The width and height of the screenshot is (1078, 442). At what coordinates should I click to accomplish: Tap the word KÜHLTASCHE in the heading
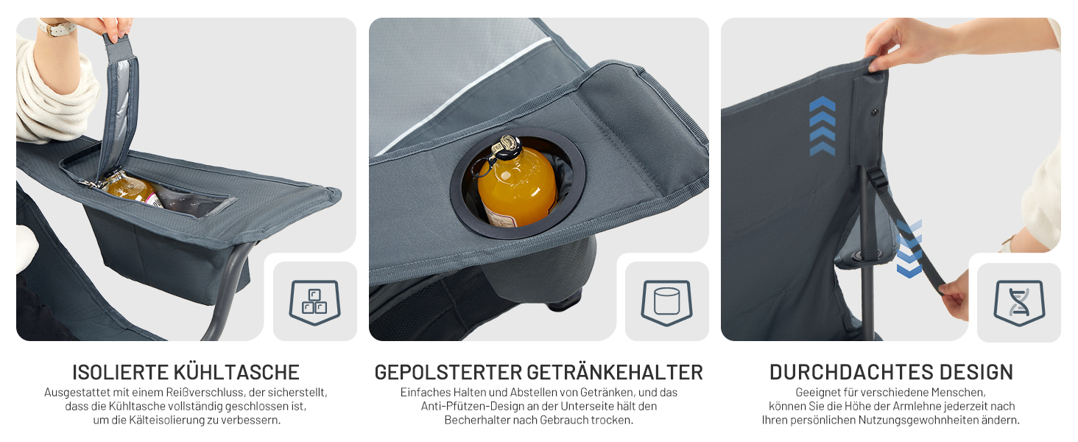[x=236, y=372]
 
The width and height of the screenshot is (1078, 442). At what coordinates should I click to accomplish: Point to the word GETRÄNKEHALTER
[x=615, y=372]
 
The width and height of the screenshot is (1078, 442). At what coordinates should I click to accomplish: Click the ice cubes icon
[x=314, y=302]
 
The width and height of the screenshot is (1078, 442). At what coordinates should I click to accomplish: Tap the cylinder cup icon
[x=667, y=302]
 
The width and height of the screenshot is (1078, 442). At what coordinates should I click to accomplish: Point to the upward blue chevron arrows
[x=822, y=126]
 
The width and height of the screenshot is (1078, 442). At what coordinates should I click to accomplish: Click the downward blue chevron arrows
[x=909, y=249]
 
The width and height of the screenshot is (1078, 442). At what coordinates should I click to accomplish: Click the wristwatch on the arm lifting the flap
[x=57, y=27]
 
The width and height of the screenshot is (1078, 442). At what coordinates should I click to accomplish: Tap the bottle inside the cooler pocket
[x=129, y=188]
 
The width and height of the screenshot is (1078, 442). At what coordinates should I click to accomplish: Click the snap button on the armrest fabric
[x=875, y=113]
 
